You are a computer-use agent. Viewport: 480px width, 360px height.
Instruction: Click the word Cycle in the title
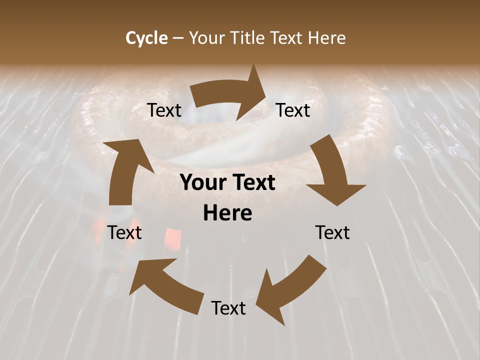(x=146, y=38)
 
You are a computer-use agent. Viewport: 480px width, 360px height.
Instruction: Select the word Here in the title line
(x=326, y=38)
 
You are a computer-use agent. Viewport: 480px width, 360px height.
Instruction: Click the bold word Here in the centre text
(x=227, y=213)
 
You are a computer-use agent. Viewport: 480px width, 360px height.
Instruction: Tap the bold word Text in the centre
(x=253, y=182)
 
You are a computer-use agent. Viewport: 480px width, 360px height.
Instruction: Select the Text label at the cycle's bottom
(x=228, y=308)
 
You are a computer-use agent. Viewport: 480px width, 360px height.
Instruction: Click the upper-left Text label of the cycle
(x=164, y=110)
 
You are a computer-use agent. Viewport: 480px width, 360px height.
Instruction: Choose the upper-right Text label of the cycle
(x=293, y=110)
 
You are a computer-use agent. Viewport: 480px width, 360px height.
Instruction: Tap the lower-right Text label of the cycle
(x=332, y=232)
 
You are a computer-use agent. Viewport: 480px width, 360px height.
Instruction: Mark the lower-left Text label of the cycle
(x=124, y=232)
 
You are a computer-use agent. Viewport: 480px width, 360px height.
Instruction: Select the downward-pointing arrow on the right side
(x=333, y=175)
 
